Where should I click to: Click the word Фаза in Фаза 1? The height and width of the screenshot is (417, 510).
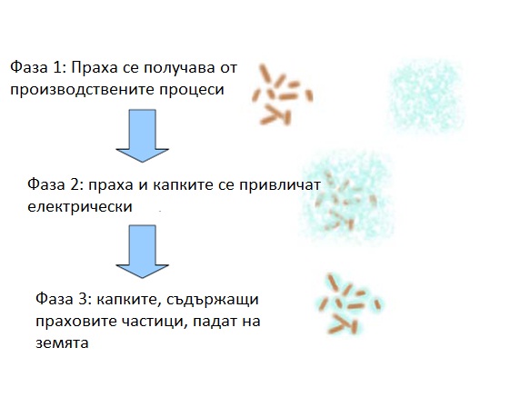click(29, 67)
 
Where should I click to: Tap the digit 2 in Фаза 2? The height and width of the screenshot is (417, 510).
click(76, 184)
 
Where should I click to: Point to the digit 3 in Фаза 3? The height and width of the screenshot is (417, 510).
click(85, 299)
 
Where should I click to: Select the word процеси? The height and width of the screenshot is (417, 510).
click(192, 90)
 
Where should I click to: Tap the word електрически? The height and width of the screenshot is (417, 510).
click(80, 207)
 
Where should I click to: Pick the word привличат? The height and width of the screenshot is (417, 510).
click(280, 185)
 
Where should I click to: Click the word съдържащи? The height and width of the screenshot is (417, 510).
click(213, 299)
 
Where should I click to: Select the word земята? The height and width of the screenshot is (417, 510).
click(62, 343)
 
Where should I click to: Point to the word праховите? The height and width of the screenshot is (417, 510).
click(76, 322)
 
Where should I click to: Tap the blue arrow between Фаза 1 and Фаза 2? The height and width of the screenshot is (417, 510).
click(143, 135)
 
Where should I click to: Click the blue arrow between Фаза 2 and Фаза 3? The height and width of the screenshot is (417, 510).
click(143, 251)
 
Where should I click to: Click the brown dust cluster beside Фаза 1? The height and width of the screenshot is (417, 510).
click(283, 94)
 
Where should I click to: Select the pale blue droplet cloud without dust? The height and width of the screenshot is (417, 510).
click(426, 97)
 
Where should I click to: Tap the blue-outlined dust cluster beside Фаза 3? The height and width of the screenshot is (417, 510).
click(349, 304)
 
